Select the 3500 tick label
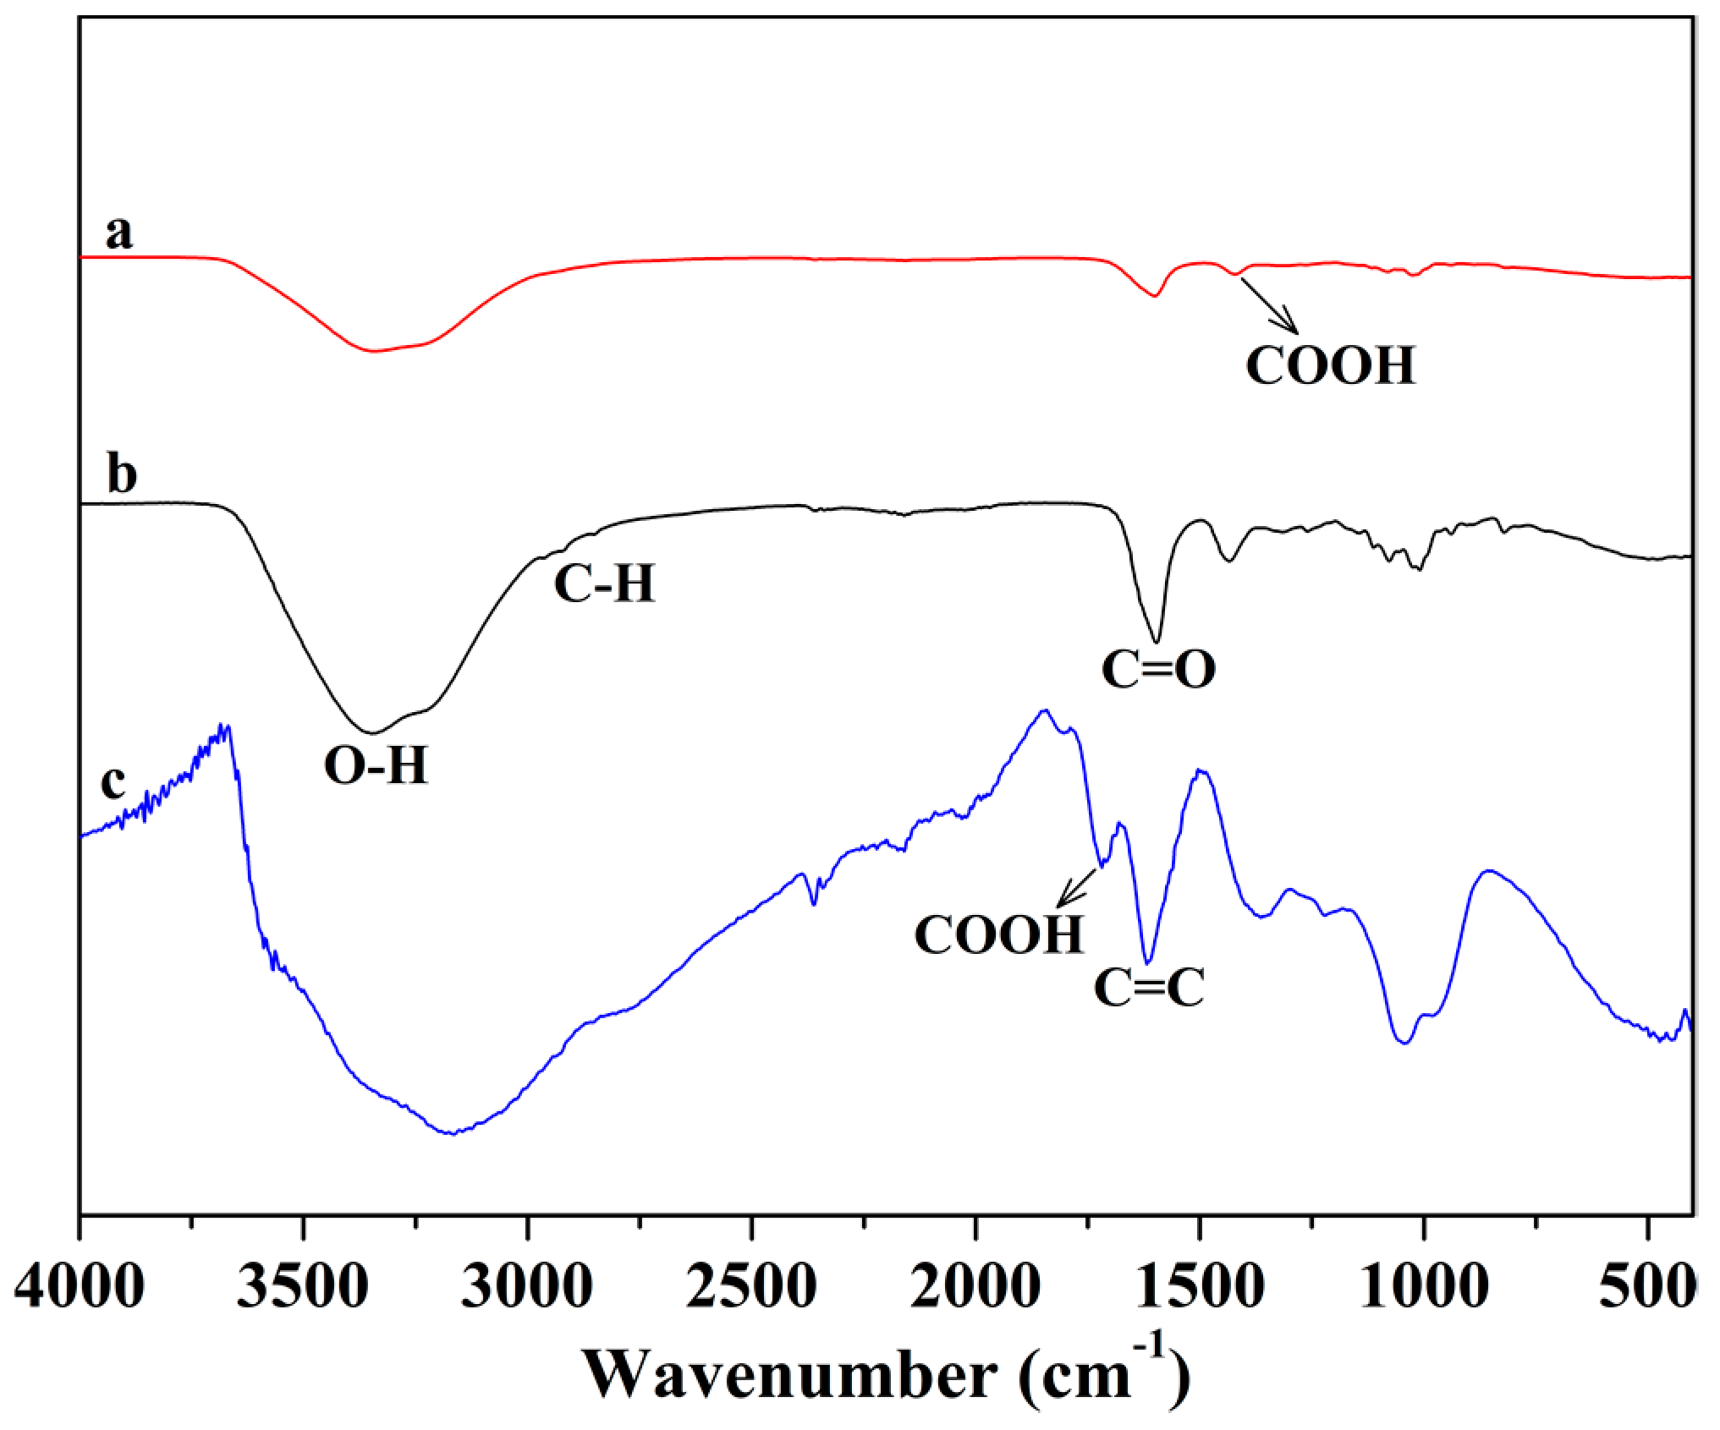coord(303,1287)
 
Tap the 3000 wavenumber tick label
coord(527,1287)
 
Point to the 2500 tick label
coord(751,1287)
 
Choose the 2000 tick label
coord(975,1287)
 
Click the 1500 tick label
coord(1199,1287)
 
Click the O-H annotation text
coord(376,766)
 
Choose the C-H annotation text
coord(604,584)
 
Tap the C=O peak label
coord(1158,670)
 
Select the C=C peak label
coord(1149,988)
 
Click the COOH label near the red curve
coord(1330,365)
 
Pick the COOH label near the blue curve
coord(998,935)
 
